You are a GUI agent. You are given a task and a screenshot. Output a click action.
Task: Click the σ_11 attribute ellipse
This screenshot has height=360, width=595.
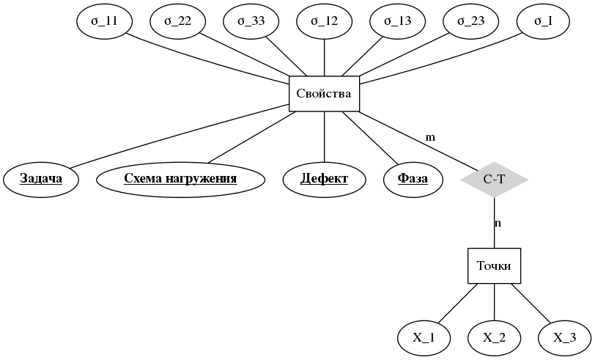105,21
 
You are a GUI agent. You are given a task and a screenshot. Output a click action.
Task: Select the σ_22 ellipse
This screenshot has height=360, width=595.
178,21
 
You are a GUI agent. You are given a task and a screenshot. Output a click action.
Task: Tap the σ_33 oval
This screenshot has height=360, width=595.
251,21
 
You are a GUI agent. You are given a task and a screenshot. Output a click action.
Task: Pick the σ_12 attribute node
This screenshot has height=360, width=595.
325,21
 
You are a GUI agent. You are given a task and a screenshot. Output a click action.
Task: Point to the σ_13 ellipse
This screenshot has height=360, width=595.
398,21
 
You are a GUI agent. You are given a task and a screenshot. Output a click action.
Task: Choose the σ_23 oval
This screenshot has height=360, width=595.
471,21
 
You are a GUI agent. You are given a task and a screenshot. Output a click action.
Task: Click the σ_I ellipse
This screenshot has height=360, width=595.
544,21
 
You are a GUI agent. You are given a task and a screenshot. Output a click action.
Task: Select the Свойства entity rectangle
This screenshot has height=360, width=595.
325,94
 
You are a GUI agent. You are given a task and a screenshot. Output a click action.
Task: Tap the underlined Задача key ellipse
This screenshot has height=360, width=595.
40,179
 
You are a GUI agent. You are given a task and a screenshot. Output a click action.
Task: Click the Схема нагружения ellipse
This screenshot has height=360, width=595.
180,179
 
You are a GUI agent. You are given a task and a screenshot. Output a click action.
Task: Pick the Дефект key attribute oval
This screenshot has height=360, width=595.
325,179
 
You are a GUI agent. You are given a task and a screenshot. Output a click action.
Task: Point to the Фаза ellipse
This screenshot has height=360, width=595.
413,179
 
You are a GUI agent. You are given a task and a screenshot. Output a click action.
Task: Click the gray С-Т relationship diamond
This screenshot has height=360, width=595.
495,179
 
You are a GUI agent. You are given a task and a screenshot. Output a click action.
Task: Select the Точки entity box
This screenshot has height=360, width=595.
495,265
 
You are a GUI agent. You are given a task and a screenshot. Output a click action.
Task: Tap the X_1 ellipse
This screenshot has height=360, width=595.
424,338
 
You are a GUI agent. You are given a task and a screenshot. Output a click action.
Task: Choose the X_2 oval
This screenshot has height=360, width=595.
495,338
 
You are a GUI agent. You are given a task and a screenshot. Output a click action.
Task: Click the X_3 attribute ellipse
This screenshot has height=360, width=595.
565,338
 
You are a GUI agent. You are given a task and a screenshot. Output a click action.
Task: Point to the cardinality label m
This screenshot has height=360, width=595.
430,137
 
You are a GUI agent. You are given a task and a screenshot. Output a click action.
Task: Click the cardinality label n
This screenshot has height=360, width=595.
498,223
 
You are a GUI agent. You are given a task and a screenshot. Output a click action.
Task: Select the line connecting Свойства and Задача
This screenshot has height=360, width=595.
180,136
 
